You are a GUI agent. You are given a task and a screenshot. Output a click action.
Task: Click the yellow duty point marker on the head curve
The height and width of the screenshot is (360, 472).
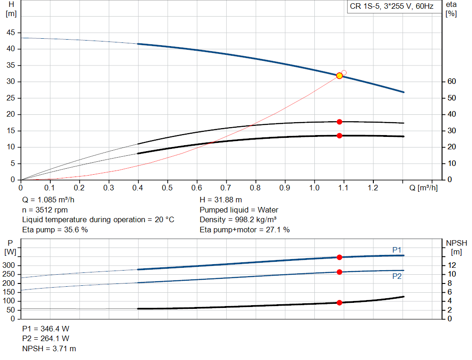click(339, 76)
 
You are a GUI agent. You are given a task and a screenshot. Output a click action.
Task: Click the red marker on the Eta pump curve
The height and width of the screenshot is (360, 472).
click(339, 122)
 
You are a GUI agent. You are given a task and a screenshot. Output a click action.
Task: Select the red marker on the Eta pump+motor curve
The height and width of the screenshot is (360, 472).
click(339, 136)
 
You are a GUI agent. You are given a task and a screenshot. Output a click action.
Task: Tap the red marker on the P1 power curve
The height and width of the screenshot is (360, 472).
click(339, 257)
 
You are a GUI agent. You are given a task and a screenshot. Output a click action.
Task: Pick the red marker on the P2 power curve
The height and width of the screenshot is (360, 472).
click(339, 272)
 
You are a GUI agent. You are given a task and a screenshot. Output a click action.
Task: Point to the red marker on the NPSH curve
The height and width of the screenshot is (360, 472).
click(339, 303)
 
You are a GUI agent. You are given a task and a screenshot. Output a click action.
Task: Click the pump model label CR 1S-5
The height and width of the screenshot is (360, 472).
click(364, 7)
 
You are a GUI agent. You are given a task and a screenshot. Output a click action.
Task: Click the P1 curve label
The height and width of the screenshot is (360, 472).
click(397, 250)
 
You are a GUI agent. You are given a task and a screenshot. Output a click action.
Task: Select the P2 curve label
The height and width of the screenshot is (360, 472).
click(397, 277)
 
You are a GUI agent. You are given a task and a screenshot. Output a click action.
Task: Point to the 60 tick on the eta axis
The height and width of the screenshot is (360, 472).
click(451, 82)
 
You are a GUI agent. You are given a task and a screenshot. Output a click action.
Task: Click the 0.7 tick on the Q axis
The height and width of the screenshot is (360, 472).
click(226, 188)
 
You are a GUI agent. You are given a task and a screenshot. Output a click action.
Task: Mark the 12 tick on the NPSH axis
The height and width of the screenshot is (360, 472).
click(452, 265)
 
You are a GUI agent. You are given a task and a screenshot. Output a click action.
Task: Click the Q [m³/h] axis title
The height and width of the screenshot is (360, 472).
click(423, 188)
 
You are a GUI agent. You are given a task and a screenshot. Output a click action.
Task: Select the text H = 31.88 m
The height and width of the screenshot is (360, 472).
click(220, 200)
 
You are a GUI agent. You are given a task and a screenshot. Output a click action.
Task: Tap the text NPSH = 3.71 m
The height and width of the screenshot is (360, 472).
click(49, 349)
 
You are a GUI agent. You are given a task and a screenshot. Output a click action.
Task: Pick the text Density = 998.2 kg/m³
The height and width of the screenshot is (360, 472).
click(238, 219)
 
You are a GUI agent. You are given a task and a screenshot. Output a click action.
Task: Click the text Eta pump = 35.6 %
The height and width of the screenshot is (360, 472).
click(55, 230)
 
